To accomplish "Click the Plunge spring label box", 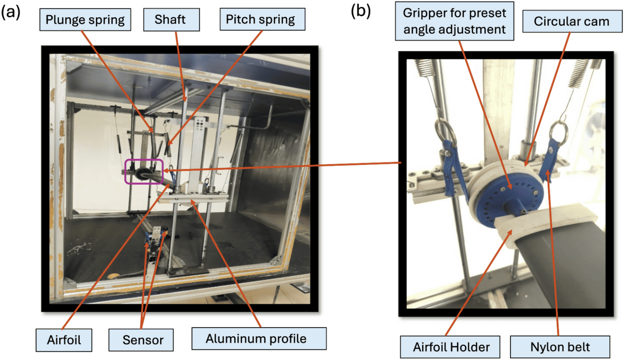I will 85,20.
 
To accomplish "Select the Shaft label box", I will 171,20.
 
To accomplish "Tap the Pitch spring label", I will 262,20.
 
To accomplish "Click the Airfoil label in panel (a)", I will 64,340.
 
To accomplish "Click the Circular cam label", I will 572,21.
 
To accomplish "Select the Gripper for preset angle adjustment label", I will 454,21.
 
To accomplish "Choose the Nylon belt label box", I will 560,347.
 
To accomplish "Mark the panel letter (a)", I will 11,12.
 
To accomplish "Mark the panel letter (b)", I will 360,11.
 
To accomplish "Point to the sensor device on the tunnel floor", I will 156,242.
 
